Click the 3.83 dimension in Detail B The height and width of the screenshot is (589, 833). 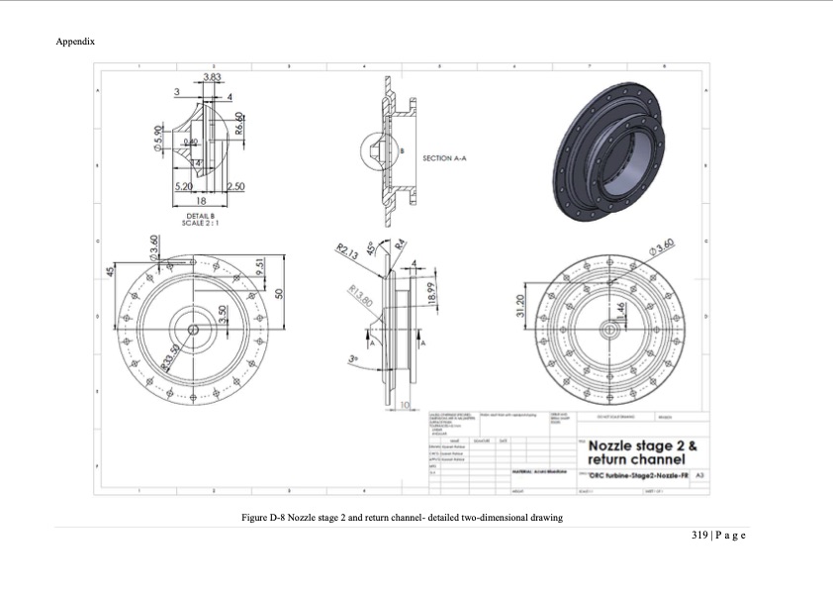[x=212, y=77]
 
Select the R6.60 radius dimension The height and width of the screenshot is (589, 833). [x=239, y=124]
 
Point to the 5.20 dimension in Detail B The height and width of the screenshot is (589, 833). [x=183, y=186]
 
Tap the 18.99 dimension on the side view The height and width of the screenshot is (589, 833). [x=429, y=294]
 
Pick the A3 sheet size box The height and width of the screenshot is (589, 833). [x=699, y=476]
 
